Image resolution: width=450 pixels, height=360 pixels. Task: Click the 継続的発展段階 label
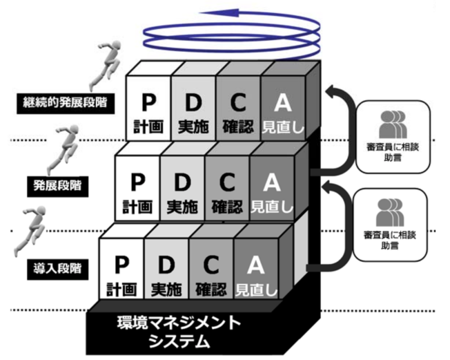pyautogui.click(x=65, y=103)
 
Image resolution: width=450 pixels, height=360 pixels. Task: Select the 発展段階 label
pyautogui.click(x=58, y=185)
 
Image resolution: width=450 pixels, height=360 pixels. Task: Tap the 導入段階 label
pyautogui.click(x=58, y=268)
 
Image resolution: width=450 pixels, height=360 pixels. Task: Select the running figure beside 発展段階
pyautogui.click(x=63, y=147)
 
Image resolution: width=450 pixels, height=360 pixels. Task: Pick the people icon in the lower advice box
pyautogui.click(x=390, y=212)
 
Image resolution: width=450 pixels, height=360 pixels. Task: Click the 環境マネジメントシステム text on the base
pyautogui.click(x=178, y=332)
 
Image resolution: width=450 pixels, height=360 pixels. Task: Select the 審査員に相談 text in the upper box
pyautogui.click(x=392, y=148)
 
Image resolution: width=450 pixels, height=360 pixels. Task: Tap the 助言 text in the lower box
pyautogui.click(x=390, y=245)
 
